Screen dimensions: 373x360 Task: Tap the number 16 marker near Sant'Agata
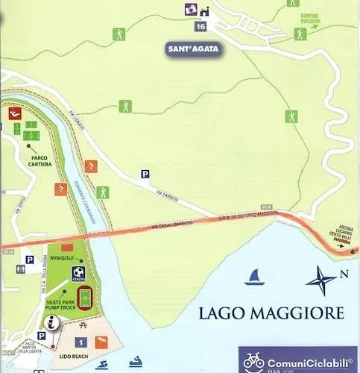pyautogui.click(x=199, y=26)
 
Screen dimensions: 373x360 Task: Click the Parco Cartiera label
pyautogui.click(x=40, y=161)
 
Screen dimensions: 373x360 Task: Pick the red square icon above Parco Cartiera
pyautogui.click(x=14, y=113)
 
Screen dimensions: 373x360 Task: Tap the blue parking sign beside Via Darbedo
pyautogui.click(x=145, y=175)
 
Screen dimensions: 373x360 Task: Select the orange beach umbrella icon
pyautogui.click(x=101, y=342)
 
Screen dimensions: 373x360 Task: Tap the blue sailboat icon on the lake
pyautogui.click(x=254, y=278)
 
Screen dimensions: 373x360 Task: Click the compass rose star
pyautogui.click(x=322, y=280)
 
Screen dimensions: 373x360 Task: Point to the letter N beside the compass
pyautogui.click(x=344, y=274)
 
